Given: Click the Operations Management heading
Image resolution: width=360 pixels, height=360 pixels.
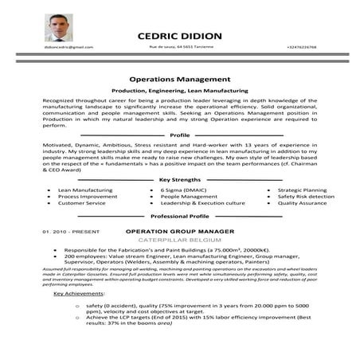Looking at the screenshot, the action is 179,80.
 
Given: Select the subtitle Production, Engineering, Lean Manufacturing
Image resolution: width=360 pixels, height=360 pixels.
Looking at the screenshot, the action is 179,93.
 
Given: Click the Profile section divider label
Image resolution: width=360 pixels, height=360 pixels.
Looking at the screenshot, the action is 180,135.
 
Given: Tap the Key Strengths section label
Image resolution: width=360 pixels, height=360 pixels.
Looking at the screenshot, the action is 180,180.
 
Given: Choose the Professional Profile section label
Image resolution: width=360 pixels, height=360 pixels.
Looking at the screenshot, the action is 180,216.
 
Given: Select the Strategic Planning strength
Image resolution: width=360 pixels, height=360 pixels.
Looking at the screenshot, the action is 302,191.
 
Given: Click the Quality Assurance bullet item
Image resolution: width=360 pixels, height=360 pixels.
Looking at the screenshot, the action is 302,203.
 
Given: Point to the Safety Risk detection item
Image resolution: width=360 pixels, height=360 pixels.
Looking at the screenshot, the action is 305,197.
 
